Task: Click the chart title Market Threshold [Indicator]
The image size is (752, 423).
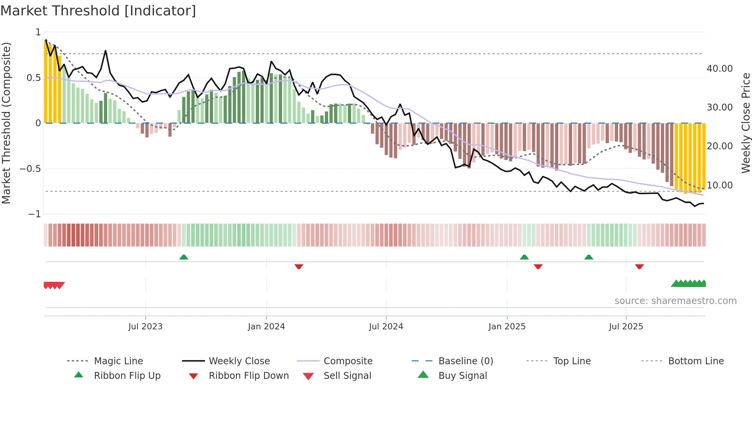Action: click(x=98, y=11)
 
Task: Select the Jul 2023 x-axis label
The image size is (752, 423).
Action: click(x=145, y=327)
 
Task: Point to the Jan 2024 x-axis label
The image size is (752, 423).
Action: click(x=266, y=327)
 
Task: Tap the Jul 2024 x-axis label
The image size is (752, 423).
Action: click(x=386, y=327)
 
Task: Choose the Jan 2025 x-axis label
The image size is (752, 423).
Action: click(x=507, y=327)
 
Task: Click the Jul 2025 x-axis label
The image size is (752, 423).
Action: click(x=626, y=327)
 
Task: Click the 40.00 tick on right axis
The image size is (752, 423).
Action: click(x=719, y=69)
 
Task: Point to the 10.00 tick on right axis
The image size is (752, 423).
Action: click(x=719, y=185)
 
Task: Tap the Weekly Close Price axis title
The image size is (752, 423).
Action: click(x=745, y=123)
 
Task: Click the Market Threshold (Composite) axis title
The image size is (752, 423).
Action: click(x=6, y=123)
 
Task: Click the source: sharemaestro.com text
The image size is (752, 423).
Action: click(x=675, y=301)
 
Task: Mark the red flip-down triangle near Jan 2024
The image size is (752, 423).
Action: click(x=299, y=266)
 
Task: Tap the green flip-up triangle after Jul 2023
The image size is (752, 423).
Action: click(x=184, y=257)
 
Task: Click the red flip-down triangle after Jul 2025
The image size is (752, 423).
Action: click(x=639, y=266)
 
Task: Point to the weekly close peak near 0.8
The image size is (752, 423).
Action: click(x=106, y=51)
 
